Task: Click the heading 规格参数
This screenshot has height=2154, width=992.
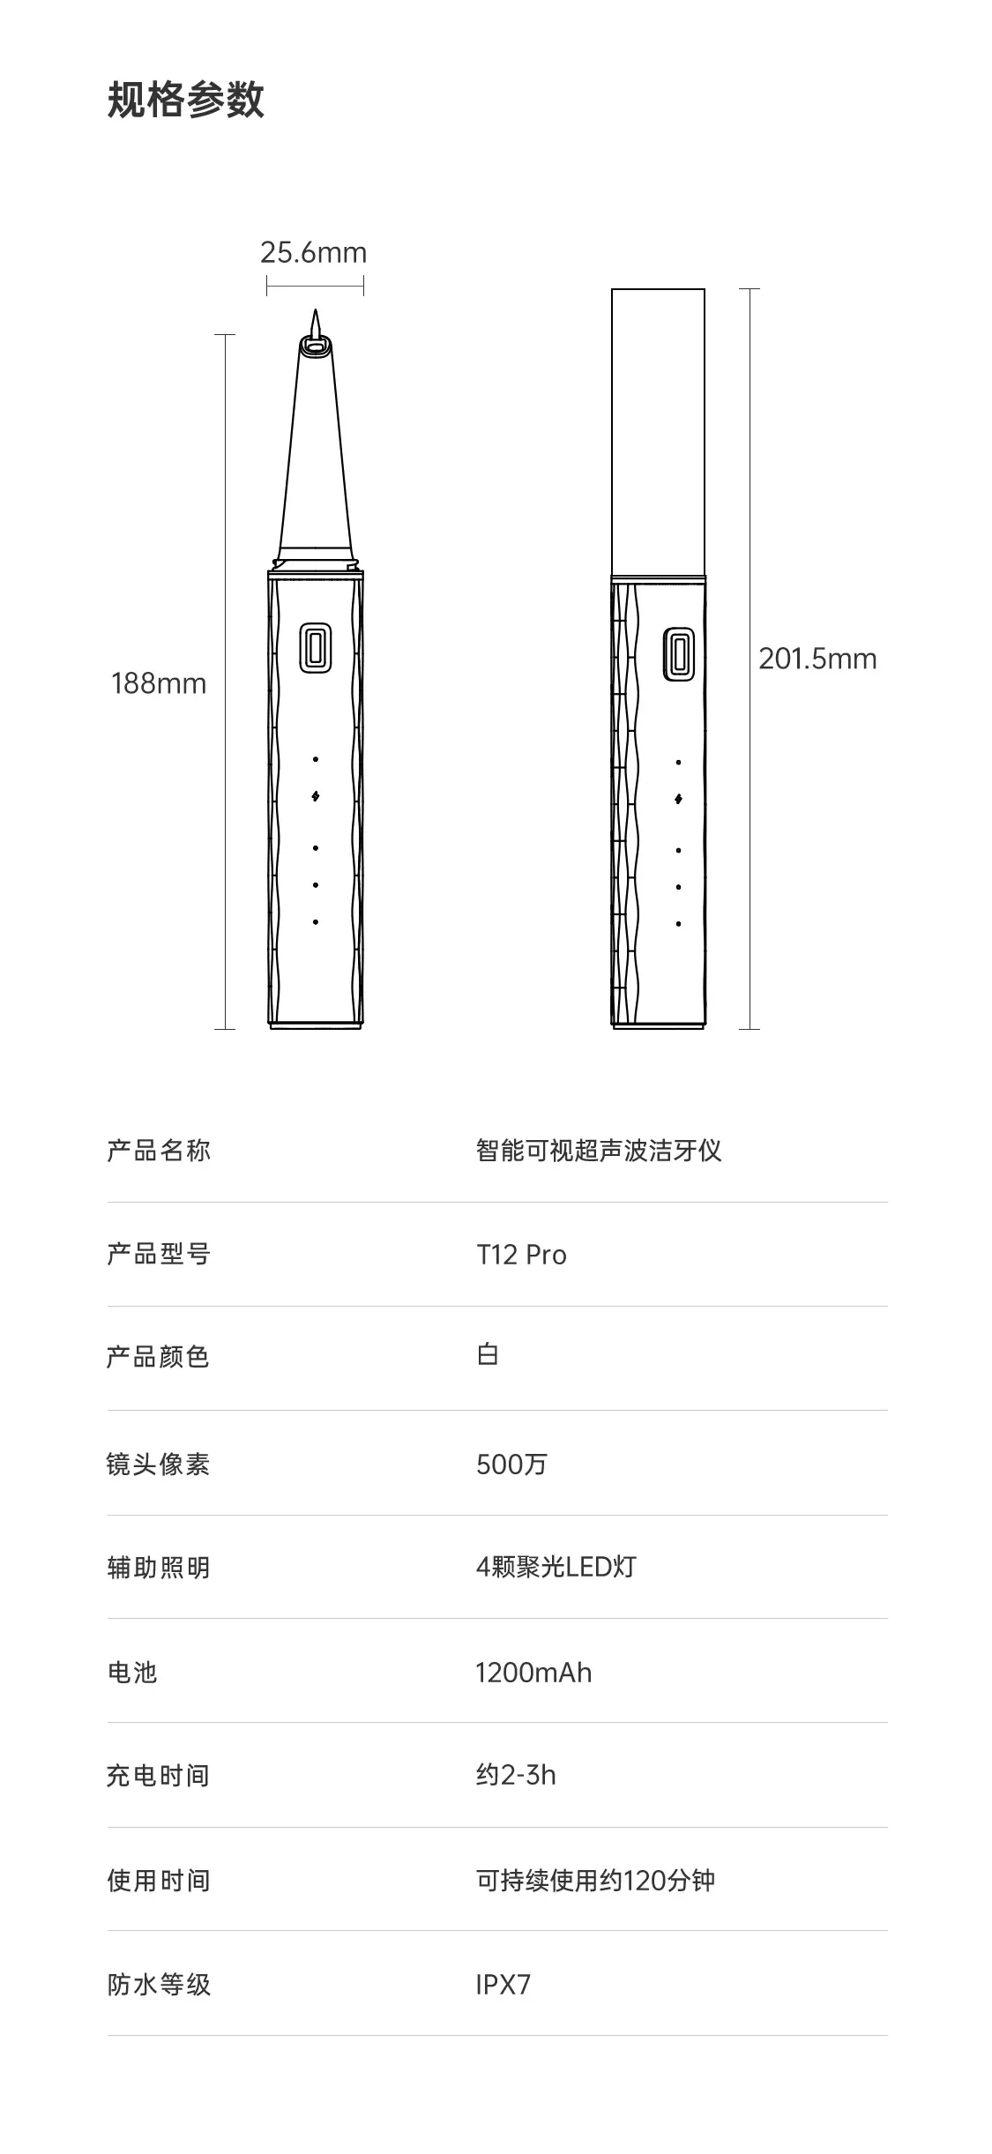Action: click(185, 99)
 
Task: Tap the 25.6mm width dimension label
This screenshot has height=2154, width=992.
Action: click(313, 253)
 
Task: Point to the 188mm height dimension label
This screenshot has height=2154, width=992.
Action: click(159, 683)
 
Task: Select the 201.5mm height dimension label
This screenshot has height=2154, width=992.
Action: click(817, 659)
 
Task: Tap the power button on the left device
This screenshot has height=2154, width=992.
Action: click(315, 648)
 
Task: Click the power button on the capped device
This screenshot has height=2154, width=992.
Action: click(678, 653)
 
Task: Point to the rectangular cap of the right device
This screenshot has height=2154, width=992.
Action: click(658, 432)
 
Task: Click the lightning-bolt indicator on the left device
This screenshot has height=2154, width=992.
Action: click(316, 796)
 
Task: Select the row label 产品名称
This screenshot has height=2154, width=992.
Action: click(159, 1151)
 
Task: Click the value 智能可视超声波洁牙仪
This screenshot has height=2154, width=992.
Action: click(599, 1151)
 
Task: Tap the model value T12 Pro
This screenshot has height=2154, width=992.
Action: click(521, 1255)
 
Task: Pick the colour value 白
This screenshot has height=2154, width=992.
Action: click(488, 1355)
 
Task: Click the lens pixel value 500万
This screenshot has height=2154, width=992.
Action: click(511, 1465)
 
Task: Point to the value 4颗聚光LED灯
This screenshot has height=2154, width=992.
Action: click(556, 1567)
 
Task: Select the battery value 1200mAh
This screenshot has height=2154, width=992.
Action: click(533, 1673)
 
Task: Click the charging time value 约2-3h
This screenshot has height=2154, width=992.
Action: click(516, 1775)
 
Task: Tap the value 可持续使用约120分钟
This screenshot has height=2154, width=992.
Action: click(595, 1881)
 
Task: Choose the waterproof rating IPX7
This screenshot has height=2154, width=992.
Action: click(503, 1985)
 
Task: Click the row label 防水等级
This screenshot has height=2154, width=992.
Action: click(159, 1985)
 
